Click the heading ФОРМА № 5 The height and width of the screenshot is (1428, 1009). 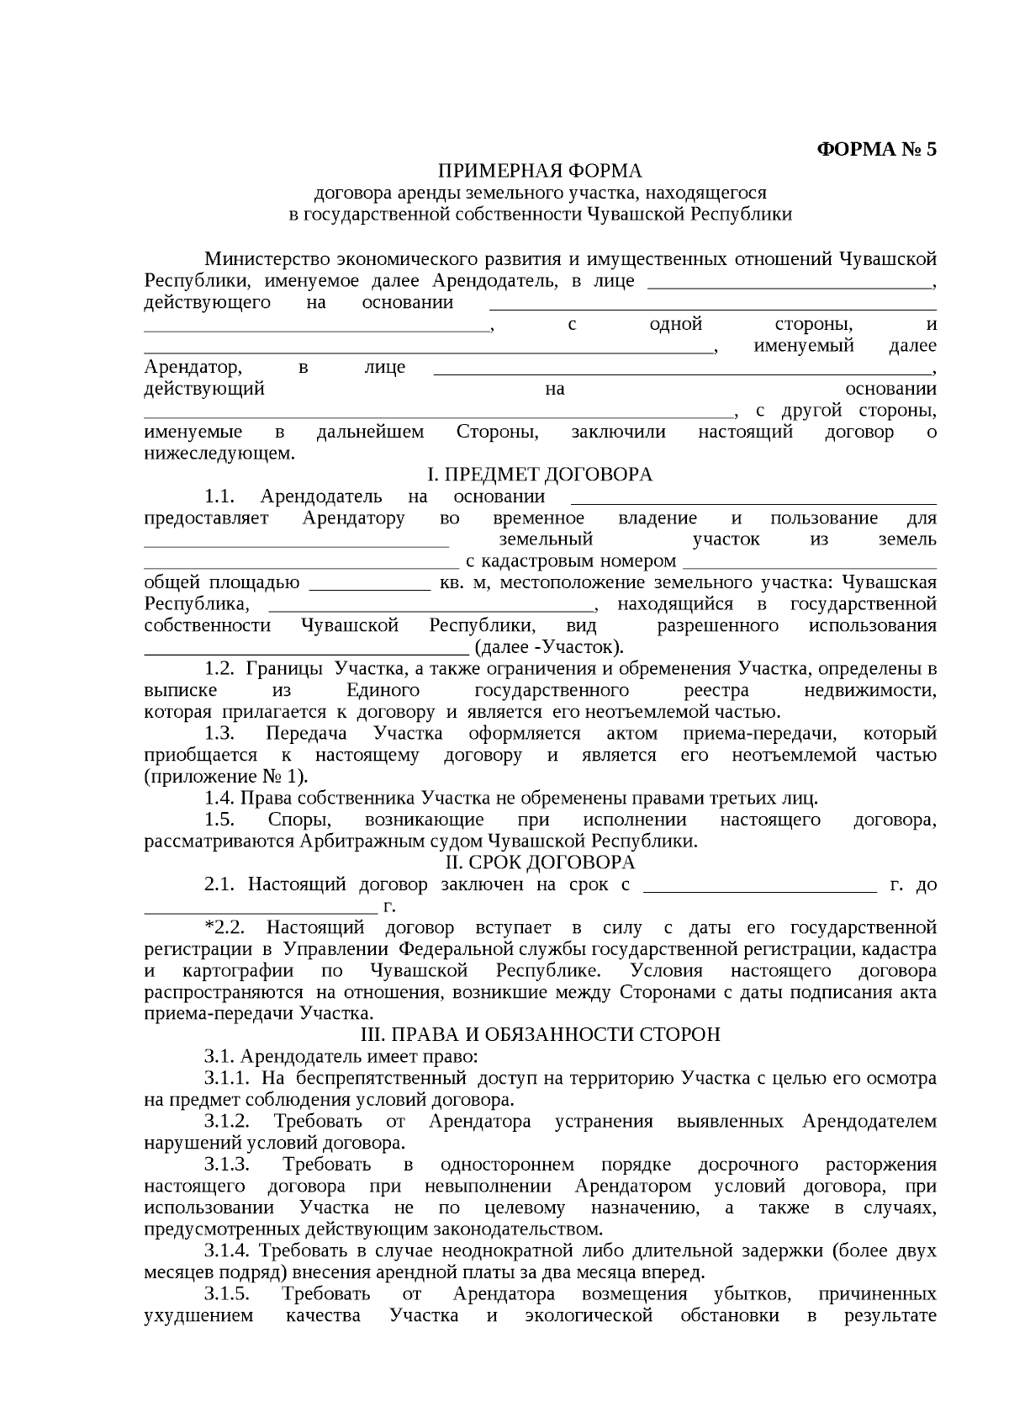tap(876, 150)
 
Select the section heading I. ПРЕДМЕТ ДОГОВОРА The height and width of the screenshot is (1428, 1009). tap(540, 475)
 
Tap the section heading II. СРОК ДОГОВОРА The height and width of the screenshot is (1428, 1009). tap(540, 863)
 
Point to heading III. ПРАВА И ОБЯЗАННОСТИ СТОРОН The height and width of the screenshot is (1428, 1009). tap(540, 1034)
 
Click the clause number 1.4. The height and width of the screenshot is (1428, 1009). tap(219, 798)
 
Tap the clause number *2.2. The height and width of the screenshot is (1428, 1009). tap(225, 927)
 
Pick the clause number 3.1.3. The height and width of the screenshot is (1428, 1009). tap(227, 1165)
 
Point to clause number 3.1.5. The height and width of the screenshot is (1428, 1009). tap(227, 1293)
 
